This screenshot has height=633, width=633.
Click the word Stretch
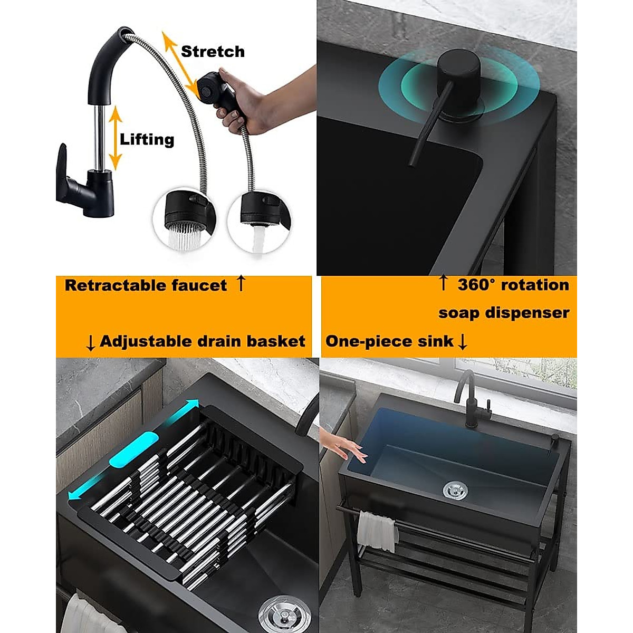tap(213, 52)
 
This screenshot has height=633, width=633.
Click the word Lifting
tap(147, 140)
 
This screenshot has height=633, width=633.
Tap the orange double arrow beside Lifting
tap(116, 138)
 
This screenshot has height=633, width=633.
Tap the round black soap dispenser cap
tap(457, 74)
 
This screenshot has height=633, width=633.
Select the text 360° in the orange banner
tap(476, 285)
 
